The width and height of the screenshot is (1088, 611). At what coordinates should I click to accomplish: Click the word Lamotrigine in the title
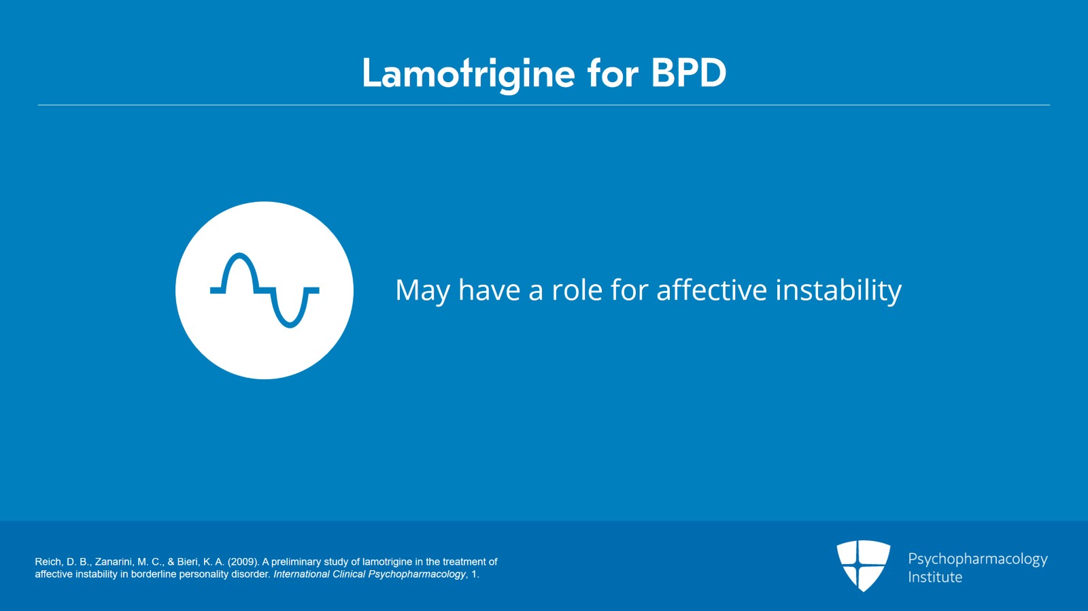point(468,73)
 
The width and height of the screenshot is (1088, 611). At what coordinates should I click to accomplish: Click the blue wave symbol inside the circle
point(265,291)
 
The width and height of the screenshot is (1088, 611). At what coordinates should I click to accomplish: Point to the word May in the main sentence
point(422,291)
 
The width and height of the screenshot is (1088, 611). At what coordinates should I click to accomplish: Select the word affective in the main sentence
point(711,290)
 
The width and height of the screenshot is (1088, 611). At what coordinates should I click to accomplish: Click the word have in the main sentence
point(489,290)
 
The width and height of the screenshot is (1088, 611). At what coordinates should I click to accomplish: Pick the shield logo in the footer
point(863,564)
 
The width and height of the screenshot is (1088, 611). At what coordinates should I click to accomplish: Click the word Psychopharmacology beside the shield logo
point(977,559)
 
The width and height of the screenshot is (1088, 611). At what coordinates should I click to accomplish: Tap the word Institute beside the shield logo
point(935,578)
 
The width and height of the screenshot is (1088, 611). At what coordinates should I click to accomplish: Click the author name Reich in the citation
point(48,562)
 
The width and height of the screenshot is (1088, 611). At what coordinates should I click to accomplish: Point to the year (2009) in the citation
point(243,562)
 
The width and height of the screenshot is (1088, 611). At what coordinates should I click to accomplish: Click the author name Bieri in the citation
point(188,562)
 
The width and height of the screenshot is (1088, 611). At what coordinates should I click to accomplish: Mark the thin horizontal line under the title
point(544,105)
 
